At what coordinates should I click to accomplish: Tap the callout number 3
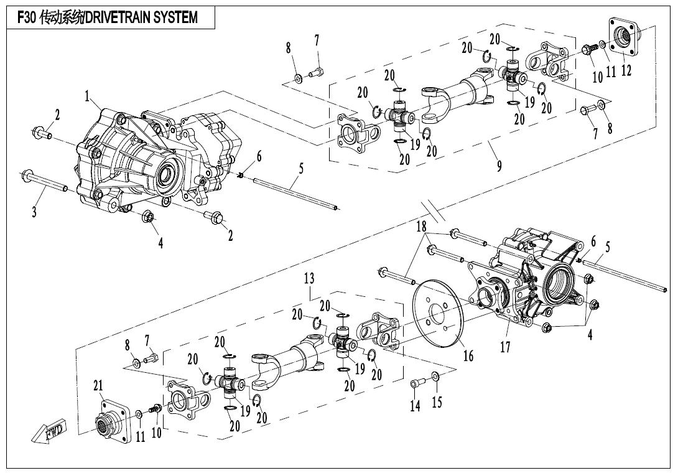[34, 212]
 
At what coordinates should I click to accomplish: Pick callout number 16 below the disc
[468, 356]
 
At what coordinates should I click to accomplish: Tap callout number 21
[98, 386]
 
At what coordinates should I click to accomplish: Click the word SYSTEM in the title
[175, 17]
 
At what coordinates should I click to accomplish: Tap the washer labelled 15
[435, 376]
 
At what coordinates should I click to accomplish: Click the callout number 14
[415, 406]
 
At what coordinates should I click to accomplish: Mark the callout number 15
[437, 402]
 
